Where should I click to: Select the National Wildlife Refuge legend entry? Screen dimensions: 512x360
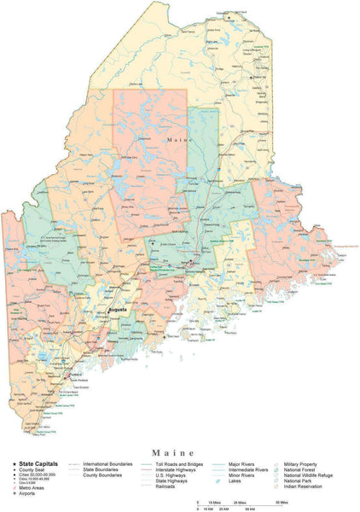tap(310, 474)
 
